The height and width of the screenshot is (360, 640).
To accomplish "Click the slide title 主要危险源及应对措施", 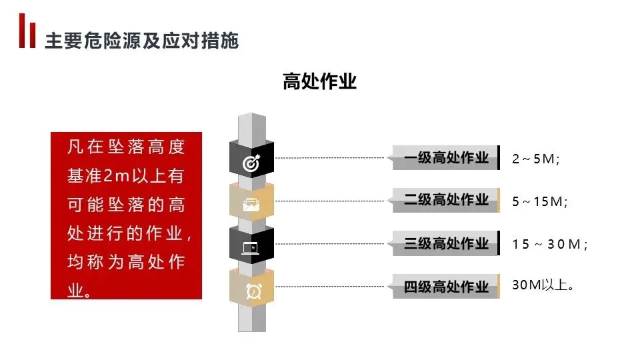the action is click(x=141, y=41).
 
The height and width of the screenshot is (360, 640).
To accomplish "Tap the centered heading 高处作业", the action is click(x=319, y=82).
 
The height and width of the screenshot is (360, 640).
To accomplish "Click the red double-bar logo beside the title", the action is click(x=27, y=31).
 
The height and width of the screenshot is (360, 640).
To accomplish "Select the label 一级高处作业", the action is click(x=446, y=158).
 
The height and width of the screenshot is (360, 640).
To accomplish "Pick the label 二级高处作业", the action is click(x=446, y=200).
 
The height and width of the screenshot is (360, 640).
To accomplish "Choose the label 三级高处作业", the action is click(x=446, y=244).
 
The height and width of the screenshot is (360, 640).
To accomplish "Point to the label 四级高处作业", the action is click(x=446, y=287).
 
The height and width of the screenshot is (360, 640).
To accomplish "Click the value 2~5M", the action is click(x=535, y=159).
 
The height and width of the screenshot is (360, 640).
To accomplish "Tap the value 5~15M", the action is click(x=539, y=201).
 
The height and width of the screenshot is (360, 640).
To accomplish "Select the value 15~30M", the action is click(x=549, y=245).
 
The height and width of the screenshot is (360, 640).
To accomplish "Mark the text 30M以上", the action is click(x=543, y=285).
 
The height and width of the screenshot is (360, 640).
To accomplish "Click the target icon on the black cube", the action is click(x=251, y=162).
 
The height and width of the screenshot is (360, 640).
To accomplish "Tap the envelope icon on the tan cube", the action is click(x=251, y=204).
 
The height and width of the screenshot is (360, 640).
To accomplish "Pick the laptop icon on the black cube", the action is click(x=251, y=248).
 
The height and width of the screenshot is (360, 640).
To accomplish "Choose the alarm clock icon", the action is click(x=253, y=291).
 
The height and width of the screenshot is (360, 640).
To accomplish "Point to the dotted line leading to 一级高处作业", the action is click(x=330, y=158).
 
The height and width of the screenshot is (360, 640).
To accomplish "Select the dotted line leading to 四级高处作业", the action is click(x=330, y=287).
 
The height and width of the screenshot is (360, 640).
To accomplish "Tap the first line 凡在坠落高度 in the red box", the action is click(x=126, y=147).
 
